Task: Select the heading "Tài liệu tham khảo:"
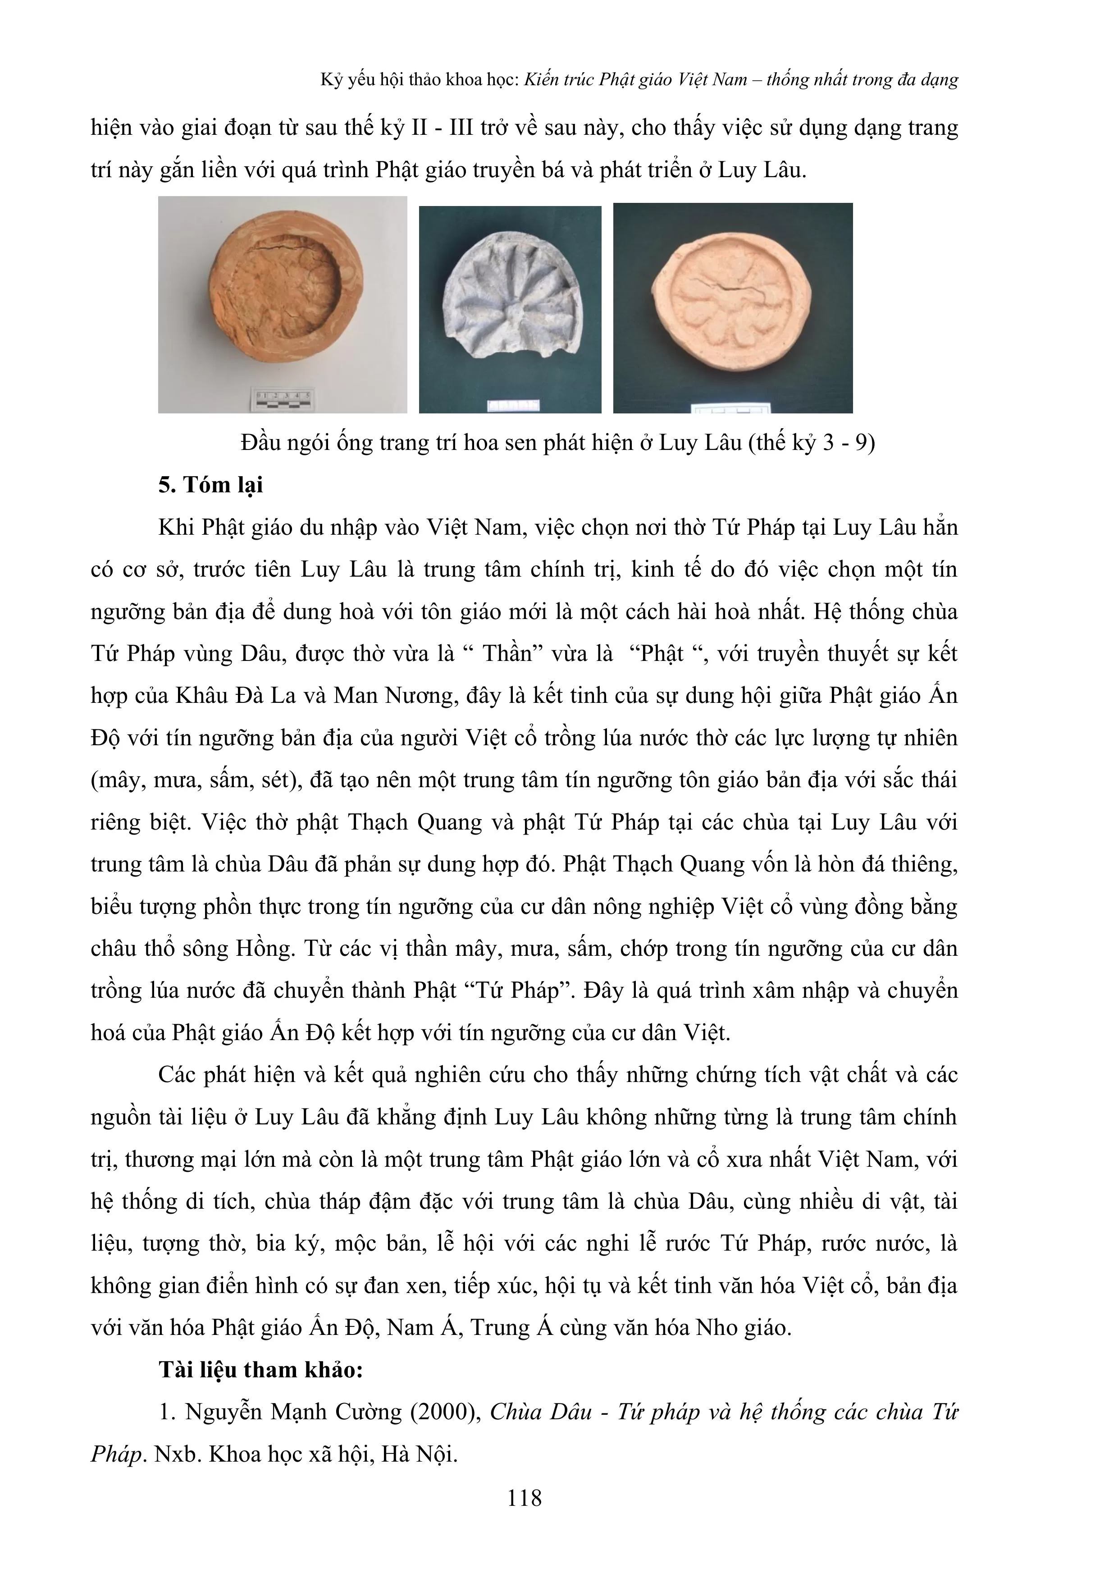click(x=260, y=1370)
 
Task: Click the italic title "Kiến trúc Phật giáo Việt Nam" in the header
click(x=635, y=80)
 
